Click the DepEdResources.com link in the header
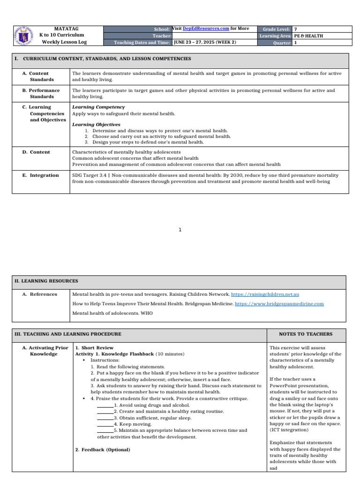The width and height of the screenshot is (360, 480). [206, 29]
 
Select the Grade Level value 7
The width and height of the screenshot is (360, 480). [295, 29]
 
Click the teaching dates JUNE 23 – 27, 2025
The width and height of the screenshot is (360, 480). [204, 42]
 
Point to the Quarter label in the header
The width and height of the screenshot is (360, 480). [282, 43]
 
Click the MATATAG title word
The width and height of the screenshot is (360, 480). [63, 29]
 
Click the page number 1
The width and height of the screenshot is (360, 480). [180, 230]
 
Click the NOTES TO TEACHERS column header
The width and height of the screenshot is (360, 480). [306, 334]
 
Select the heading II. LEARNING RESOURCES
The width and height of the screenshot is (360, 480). [46, 281]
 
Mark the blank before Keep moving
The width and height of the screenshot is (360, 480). [105, 424]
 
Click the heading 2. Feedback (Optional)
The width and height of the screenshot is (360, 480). [103, 450]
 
